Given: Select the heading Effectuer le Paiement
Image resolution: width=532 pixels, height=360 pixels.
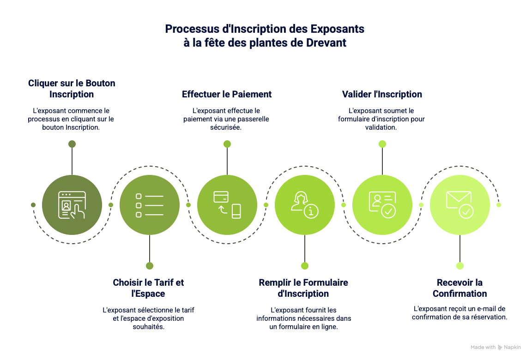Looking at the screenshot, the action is coord(227,94).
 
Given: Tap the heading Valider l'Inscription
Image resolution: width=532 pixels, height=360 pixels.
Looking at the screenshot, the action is coord(382,94).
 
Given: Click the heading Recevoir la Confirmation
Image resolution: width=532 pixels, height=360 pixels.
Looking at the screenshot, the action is coord(460,288).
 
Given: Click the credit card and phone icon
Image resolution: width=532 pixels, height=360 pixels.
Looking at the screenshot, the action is coord(227,205).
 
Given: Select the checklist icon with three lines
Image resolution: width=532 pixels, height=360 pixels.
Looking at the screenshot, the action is coord(149,205).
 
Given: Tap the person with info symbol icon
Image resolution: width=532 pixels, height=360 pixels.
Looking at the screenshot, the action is coord(305,205).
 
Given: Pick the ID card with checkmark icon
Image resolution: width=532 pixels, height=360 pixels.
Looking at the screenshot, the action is coord(382,205).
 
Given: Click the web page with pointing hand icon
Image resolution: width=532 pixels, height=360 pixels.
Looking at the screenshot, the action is coord(72,205).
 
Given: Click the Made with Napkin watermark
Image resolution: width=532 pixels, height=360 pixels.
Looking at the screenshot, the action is coord(496,347).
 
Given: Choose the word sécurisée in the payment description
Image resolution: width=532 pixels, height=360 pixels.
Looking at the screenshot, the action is coord(226,127).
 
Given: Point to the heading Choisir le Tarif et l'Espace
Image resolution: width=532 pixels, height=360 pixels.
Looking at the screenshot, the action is coord(148,288).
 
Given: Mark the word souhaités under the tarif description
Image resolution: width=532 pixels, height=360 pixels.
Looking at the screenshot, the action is coord(149,327).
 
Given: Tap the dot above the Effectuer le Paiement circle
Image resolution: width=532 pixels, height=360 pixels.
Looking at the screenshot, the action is coord(227,144).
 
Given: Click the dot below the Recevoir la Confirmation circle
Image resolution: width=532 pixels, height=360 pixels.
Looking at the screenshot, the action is coord(460,266).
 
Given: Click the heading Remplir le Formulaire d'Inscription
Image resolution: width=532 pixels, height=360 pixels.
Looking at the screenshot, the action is coord(303,288).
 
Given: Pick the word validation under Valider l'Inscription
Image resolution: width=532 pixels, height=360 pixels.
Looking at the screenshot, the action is coord(381,127).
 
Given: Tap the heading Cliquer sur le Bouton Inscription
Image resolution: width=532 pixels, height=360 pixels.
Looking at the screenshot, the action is coord(72,89).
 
